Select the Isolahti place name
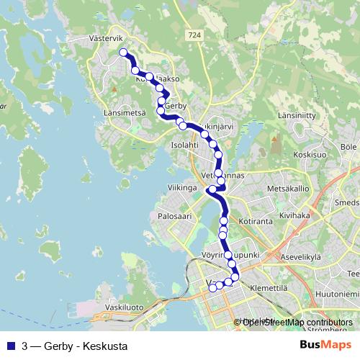(184, 145)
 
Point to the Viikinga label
(182, 188)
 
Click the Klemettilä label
(269, 287)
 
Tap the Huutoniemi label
(336, 294)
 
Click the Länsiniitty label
(297, 115)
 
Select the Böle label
(348, 147)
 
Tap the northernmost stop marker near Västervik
(123, 52)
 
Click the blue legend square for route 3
(11, 345)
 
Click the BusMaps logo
(325, 344)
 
